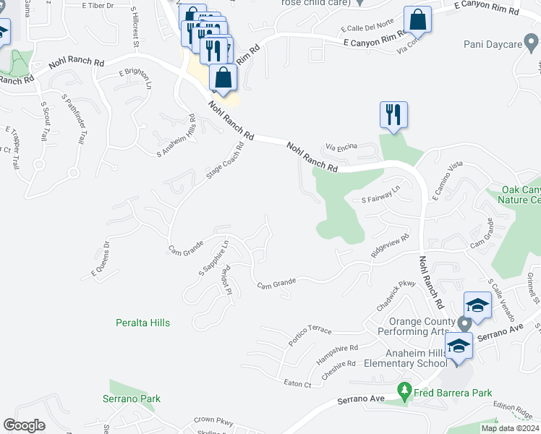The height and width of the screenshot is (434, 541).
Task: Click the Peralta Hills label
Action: click(x=143, y=323)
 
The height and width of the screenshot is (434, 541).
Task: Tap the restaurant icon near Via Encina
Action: click(x=393, y=114)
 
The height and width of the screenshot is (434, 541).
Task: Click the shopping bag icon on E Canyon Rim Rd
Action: click(x=418, y=20)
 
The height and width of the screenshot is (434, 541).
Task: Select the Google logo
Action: click(x=25, y=425)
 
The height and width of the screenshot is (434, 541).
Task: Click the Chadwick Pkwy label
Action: click(x=396, y=295)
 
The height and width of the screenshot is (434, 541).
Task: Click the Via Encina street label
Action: click(x=341, y=147)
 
